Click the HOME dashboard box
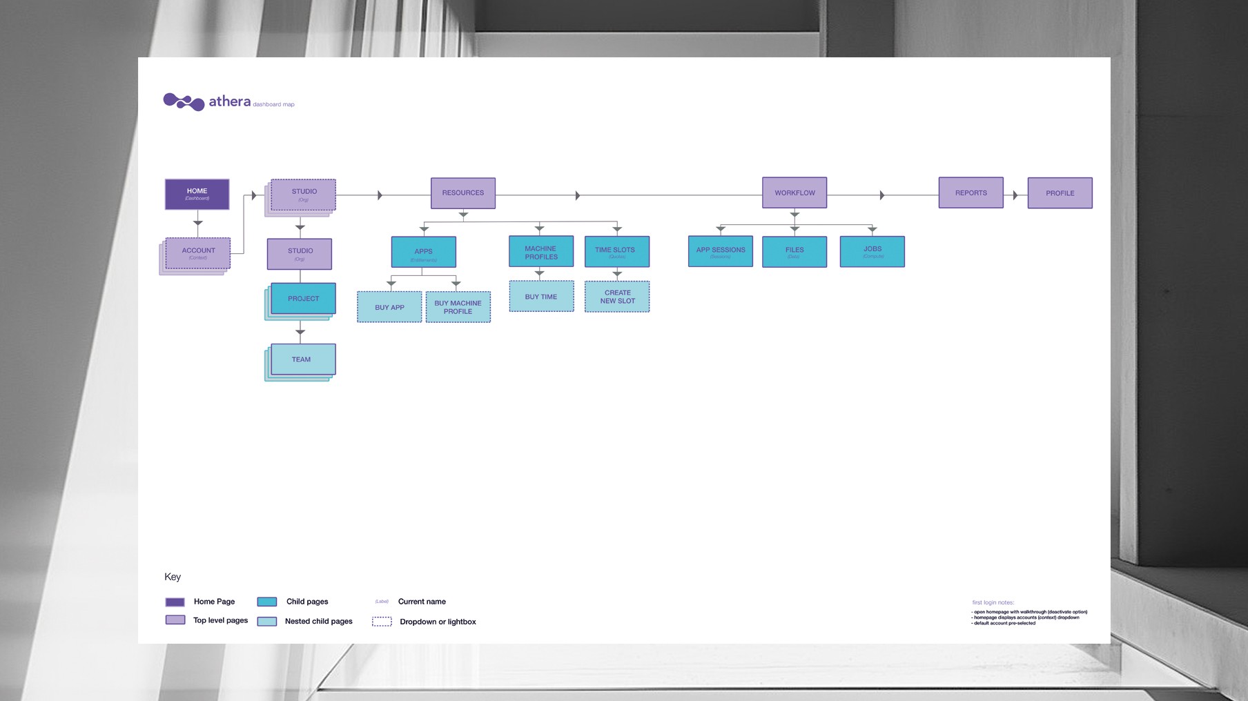[197, 194]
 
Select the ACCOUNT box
[198, 253]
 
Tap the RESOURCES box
[462, 193]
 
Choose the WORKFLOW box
[794, 193]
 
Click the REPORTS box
[971, 193]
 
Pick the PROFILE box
[1060, 193]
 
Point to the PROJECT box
[303, 299]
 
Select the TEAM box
[303, 359]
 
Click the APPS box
[423, 252]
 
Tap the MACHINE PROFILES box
[541, 252]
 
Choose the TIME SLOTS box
[616, 252]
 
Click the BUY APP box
[389, 307]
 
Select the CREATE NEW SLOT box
[617, 297]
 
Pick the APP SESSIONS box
[720, 251]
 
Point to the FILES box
[794, 251]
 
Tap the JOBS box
[872, 251]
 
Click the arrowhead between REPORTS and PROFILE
[1015, 195]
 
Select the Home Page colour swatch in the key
[175, 602]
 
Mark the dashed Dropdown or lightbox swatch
[382, 622]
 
